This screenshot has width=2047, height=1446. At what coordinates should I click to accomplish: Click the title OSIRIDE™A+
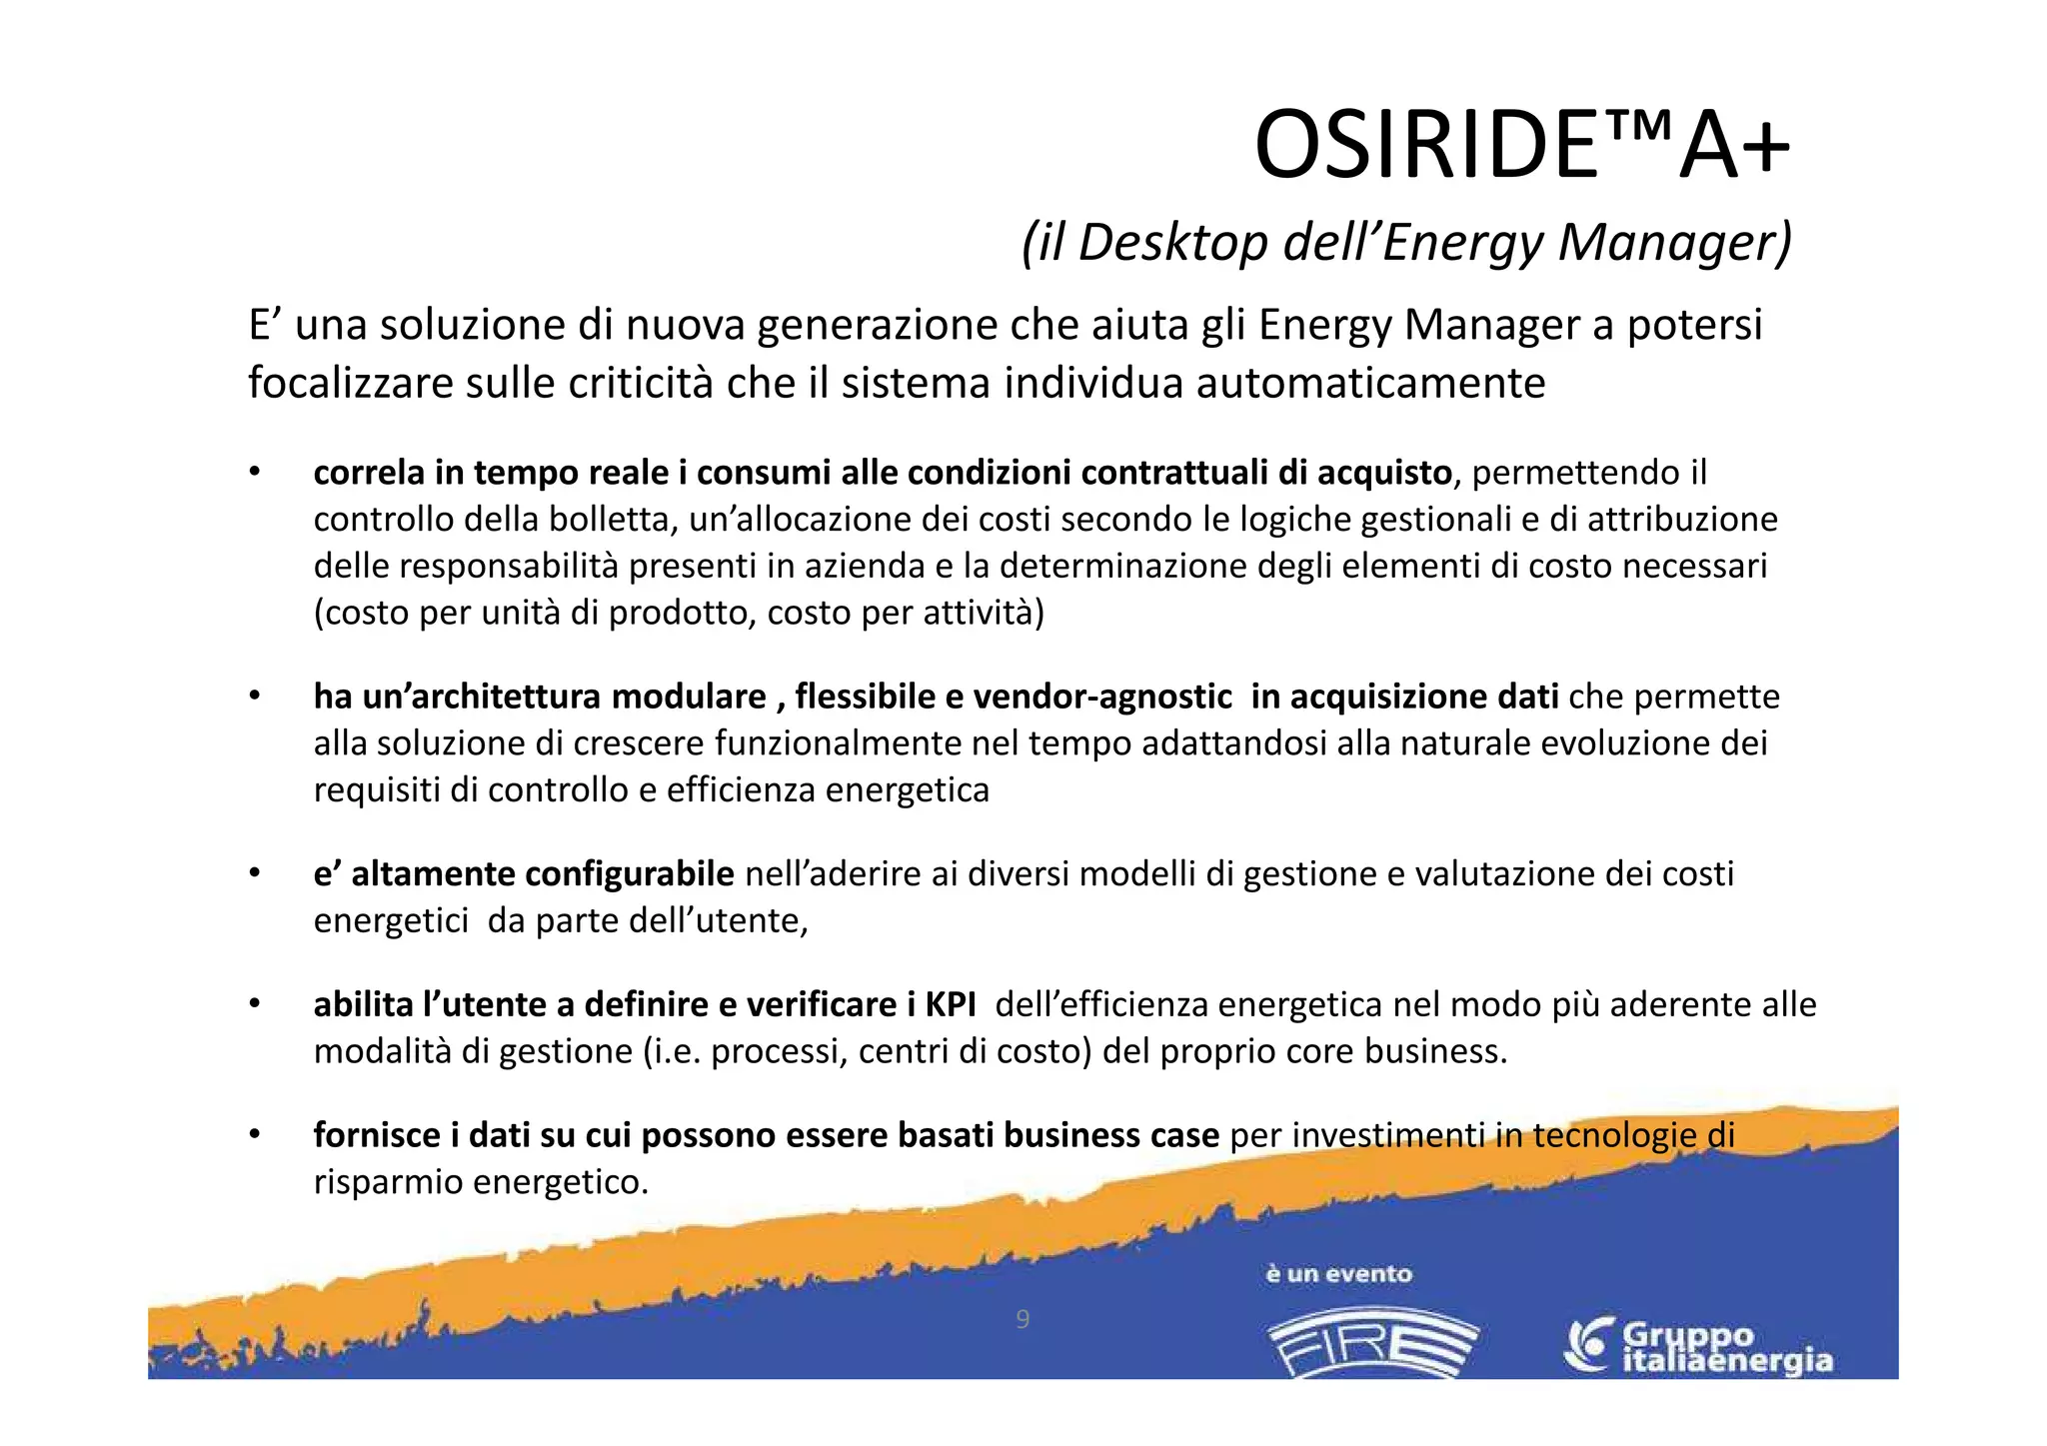(x=1521, y=147)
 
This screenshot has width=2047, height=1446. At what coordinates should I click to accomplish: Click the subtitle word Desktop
(x=1171, y=243)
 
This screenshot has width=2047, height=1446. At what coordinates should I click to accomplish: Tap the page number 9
(x=1022, y=1319)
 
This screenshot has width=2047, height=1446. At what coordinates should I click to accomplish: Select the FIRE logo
(x=1372, y=1343)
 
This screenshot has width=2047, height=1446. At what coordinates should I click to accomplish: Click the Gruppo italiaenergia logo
(x=1698, y=1347)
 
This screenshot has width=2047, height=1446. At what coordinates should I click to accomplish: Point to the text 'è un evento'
(x=1338, y=1274)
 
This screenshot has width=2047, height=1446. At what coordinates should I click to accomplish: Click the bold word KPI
(x=951, y=1004)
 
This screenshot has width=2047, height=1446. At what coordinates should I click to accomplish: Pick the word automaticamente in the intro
(x=1370, y=384)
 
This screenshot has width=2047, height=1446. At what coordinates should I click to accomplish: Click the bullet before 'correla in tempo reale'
(x=255, y=472)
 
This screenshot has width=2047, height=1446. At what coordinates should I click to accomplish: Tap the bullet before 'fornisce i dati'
(x=255, y=1135)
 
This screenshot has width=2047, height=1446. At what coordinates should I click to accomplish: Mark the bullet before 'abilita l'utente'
(x=255, y=1004)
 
